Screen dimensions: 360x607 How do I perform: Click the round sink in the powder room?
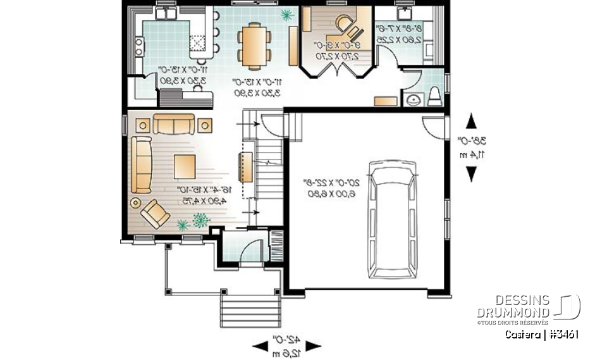(415, 99)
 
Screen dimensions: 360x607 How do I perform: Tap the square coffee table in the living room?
(185, 166)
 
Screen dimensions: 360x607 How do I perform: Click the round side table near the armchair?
(135, 202)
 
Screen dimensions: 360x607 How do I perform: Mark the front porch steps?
(248, 309)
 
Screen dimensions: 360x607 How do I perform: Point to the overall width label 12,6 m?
(287, 345)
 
